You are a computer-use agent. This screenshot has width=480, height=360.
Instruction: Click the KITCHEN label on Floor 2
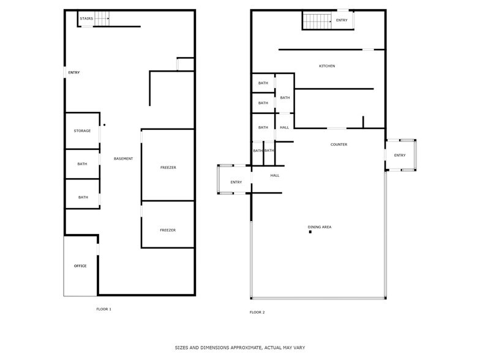pyautogui.click(x=327, y=66)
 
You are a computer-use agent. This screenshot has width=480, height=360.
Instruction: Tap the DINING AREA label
pyautogui.click(x=320, y=227)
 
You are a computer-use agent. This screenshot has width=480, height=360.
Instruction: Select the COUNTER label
pyautogui.click(x=339, y=144)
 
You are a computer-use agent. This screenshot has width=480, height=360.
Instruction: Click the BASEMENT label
pyautogui.click(x=123, y=159)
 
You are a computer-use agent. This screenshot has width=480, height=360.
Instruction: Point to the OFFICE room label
pyautogui.click(x=80, y=266)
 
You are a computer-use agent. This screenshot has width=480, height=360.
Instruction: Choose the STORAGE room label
pyautogui.click(x=82, y=130)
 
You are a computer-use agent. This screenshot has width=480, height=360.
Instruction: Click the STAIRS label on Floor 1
pyautogui.click(x=86, y=19)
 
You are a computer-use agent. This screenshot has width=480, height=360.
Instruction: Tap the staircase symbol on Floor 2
pyautogui.click(x=317, y=21)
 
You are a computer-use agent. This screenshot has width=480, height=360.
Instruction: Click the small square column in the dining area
pyautogui.click(x=310, y=232)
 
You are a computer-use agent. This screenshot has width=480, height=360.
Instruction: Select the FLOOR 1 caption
pyautogui.click(x=104, y=309)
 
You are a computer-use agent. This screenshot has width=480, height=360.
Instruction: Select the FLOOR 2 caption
pyautogui.click(x=257, y=312)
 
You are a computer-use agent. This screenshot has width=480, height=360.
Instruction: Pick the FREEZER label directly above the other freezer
pyautogui.click(x=168, y=167)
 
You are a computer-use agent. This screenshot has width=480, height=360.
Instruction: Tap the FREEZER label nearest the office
pyautogui.click(x=168, y=230)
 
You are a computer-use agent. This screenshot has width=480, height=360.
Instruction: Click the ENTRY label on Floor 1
pyautogui.click(x=74, y=73)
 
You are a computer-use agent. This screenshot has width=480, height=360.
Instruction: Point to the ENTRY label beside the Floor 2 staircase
pyautogui.click(x=342, y=20)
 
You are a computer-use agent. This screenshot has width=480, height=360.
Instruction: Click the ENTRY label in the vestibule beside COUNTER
pyautogui.click(x=400, y=155)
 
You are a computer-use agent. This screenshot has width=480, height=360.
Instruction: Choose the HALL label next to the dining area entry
pyautogui.click(x=275, y=175)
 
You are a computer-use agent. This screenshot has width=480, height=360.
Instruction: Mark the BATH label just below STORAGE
pyautogui.click(x=82, y=164)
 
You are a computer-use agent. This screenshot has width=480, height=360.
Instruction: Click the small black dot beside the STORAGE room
pyautogui.click(x=104, y=125)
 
